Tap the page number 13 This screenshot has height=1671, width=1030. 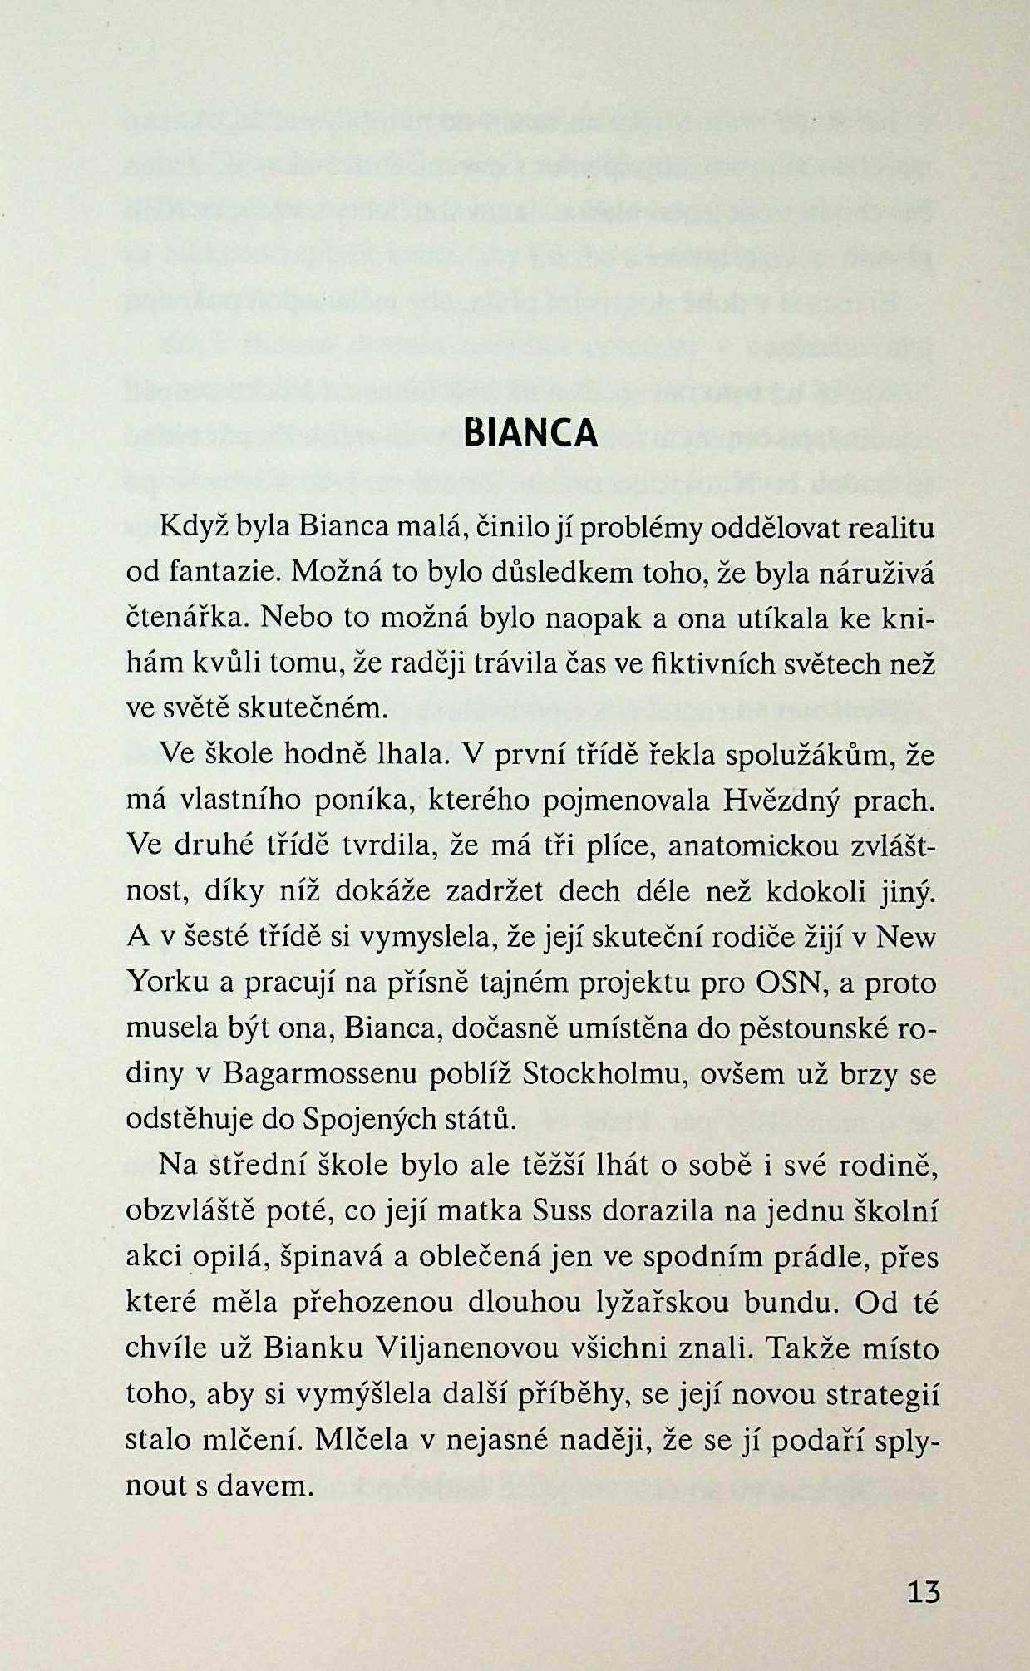(x=923, y=1592)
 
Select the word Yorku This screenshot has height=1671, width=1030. (x=167, y=983)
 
